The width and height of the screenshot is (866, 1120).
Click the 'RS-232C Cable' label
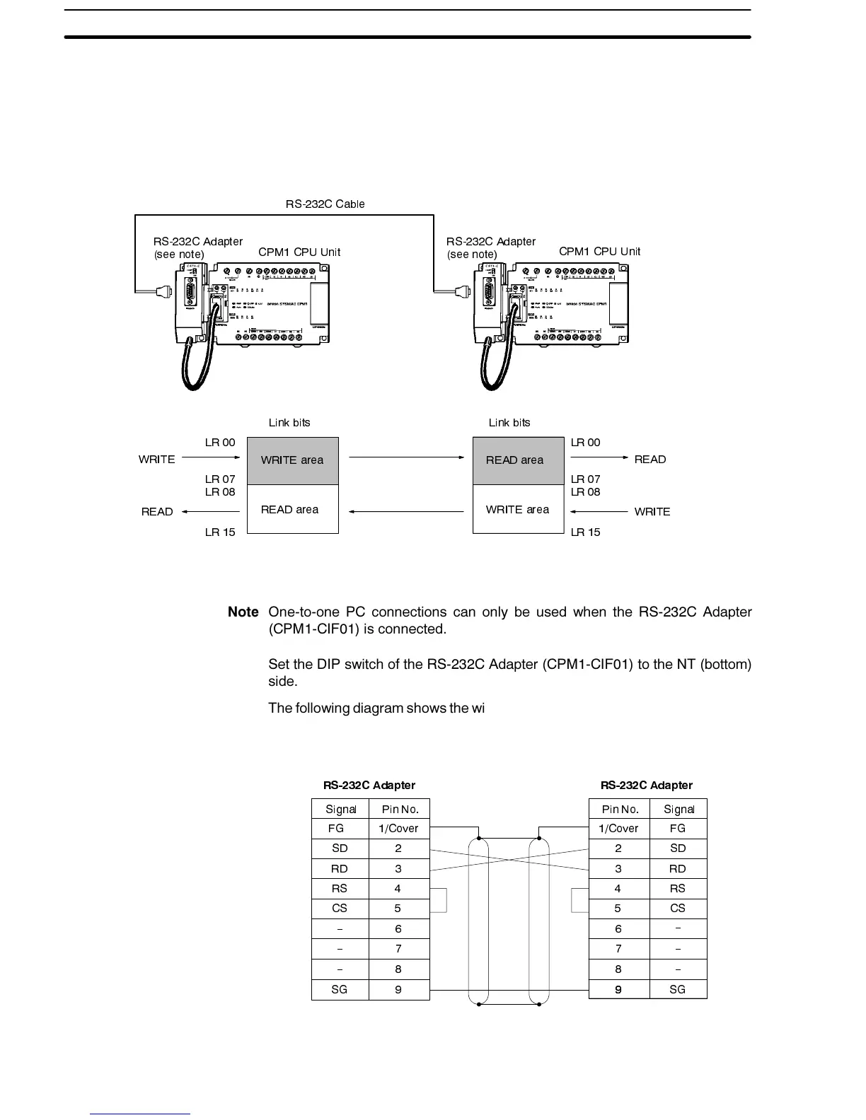pos(325,204)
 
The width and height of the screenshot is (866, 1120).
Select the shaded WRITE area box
pos(292,460)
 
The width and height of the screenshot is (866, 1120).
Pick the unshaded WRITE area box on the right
pos(518,509)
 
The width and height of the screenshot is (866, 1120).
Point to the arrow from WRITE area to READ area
pos(406,457)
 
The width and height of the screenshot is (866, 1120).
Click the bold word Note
pos(243,612)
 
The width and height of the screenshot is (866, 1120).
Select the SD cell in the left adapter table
pos(340,848)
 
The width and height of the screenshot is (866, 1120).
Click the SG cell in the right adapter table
pos(677,989)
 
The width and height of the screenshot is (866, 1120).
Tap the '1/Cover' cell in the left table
pos(398,829)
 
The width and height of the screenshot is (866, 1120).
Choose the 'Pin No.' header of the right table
pos(620,810)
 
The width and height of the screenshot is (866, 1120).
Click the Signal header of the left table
pos(340,810)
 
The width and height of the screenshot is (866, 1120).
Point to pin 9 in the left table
pos(398,989)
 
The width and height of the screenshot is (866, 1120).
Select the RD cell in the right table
pos(677,869)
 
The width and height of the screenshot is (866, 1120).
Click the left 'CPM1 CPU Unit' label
pos(299,252)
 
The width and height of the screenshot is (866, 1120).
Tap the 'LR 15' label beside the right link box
pos(585,532)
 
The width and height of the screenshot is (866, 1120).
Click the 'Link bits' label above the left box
pos(289,423)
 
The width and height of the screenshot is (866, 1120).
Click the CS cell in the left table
pos(340,909)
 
